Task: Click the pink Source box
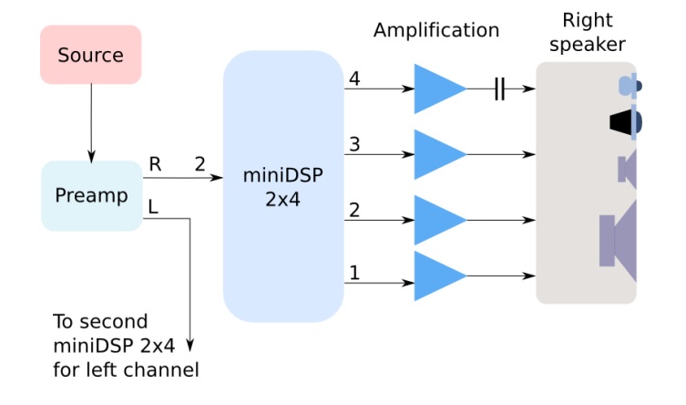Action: tap(90, 55)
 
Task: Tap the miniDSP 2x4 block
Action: tap(282, 185)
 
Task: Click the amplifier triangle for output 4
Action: tap(436, 88)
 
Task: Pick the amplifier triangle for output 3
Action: tap(436, 154)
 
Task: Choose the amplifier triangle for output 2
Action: tap(436, 220)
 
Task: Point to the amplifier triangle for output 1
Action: tap(436, 275)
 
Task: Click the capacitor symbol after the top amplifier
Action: tap(499, 88)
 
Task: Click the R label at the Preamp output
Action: tap(155, 164)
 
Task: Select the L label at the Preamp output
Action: tap(153, 208)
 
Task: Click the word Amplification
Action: tap(436, 30)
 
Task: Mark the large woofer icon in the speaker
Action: tap(619, 241)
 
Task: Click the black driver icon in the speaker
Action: tap(625, 121)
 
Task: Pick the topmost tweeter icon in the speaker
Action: tap(629, 86)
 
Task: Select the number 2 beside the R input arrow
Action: tap(200, 164)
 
